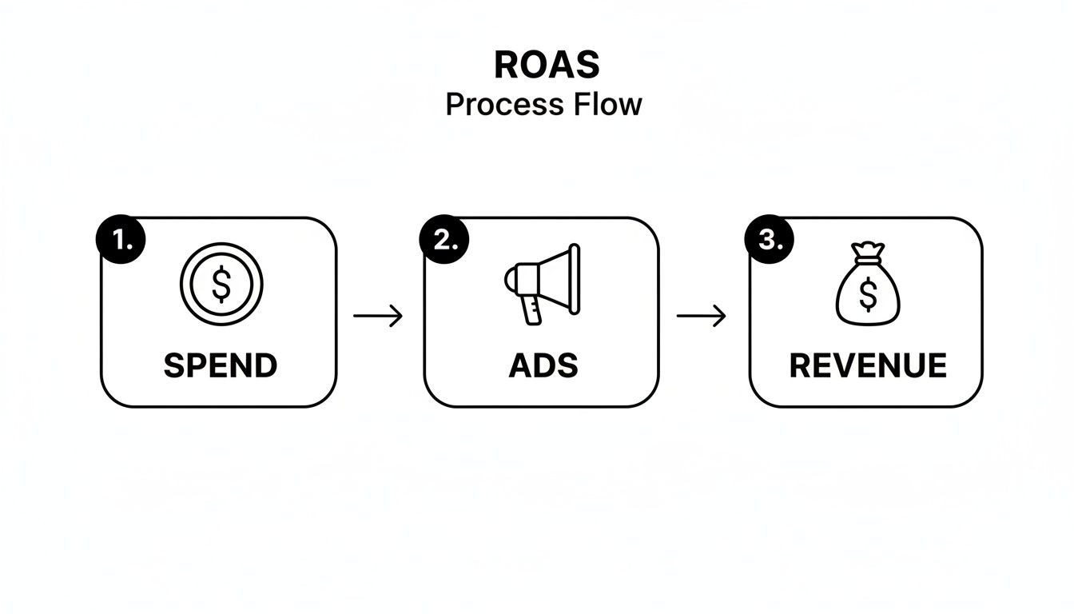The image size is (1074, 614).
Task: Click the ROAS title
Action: (x=547, y=66)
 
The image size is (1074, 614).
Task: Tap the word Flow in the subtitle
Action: (x=606, y=105)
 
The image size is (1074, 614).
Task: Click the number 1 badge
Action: (x=121, y=239)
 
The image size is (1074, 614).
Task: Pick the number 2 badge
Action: (x=444, y=239)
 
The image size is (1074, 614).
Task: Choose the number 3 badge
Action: (x=769, y=239)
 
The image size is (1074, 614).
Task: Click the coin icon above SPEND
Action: (x=221, y=284)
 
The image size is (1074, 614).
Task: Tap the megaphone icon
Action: (x=543, y=284)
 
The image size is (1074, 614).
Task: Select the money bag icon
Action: (x=867, y=288)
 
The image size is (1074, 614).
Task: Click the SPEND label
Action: (x=221, y=366)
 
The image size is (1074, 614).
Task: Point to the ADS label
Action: (x=543, y=366)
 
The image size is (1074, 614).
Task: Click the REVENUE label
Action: (x=868, y=366)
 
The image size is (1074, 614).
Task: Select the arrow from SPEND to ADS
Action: (x=378, y=317)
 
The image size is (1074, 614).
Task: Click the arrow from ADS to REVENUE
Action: (x=701, y=317)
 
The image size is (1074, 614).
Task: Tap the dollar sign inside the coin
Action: (x=221, y=284)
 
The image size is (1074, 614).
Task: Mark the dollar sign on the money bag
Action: (x=867, y=297)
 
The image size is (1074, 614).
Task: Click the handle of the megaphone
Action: (x=531, y=309)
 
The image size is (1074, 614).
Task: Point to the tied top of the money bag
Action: (x=867, y=253)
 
